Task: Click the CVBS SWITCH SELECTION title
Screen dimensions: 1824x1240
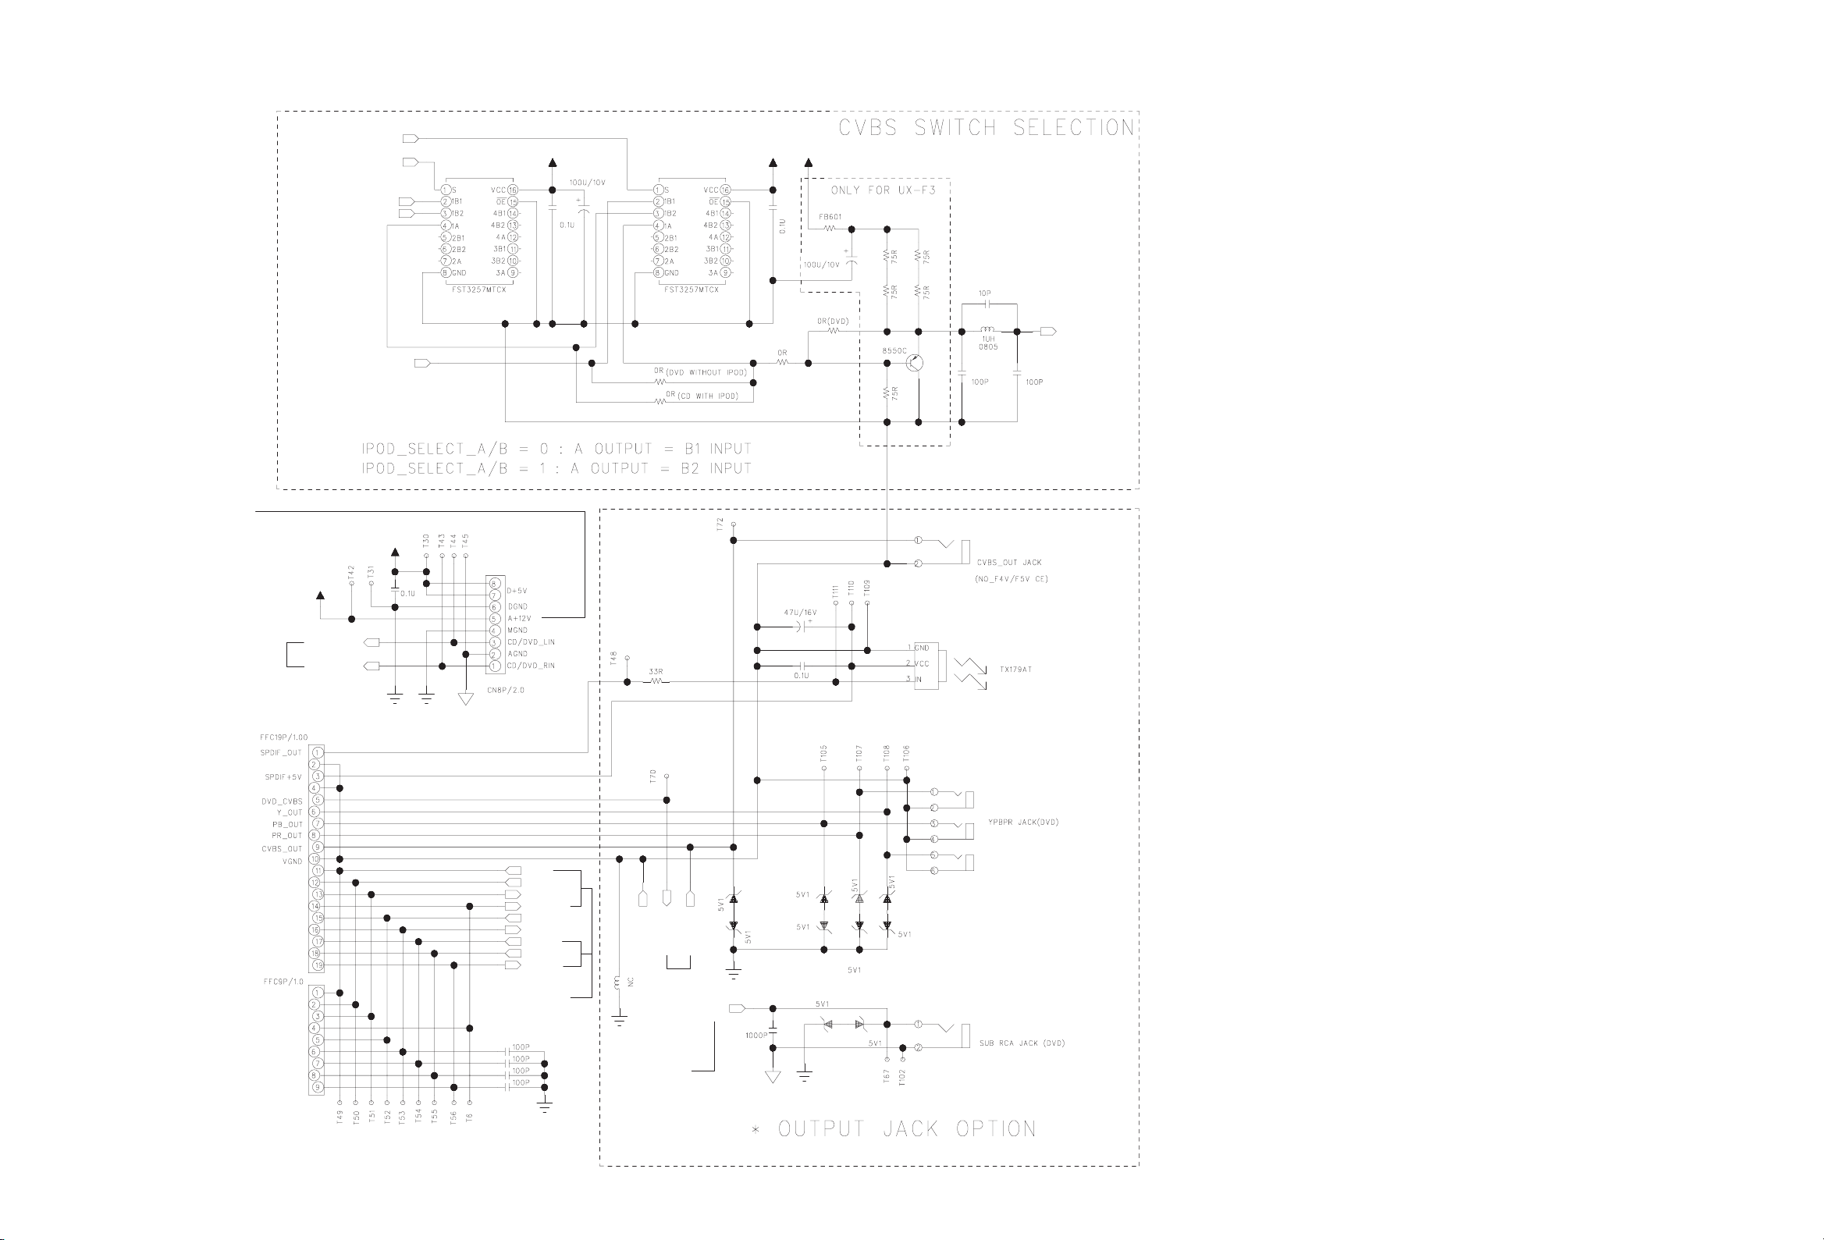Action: tap(987, 128)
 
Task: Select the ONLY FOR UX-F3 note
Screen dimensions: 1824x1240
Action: tap(883, 190)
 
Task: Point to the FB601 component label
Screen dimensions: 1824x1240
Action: tap(830, 217)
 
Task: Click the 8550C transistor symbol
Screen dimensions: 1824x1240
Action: tap(915, 364)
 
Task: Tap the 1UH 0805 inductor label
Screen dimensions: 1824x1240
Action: tap(988, 343)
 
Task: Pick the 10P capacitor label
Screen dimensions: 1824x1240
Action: tap(985, 293)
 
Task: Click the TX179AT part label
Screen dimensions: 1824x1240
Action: tap(1015, 670)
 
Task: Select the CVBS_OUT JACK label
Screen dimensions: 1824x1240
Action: tap(1009, 563)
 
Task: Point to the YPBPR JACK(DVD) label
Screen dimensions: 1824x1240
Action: tap(1023, 823)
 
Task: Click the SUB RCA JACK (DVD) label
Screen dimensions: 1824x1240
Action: tap(1022, 1043)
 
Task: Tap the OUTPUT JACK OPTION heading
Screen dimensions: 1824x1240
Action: tap(906, 1129)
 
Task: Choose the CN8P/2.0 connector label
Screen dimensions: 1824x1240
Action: tap(505, 690)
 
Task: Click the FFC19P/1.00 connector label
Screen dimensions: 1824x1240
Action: tap(283, 737)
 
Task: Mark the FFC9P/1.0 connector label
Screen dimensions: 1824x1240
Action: tap(283, 982)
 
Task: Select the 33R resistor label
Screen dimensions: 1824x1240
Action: tap(656, 672)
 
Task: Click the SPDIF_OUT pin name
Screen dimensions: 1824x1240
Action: tap(281, 752)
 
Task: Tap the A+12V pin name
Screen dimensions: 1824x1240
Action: tap(519, 618)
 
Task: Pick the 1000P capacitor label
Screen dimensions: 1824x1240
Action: tap(756, 1036)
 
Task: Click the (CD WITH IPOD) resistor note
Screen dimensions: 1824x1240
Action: tap(707, 396)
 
